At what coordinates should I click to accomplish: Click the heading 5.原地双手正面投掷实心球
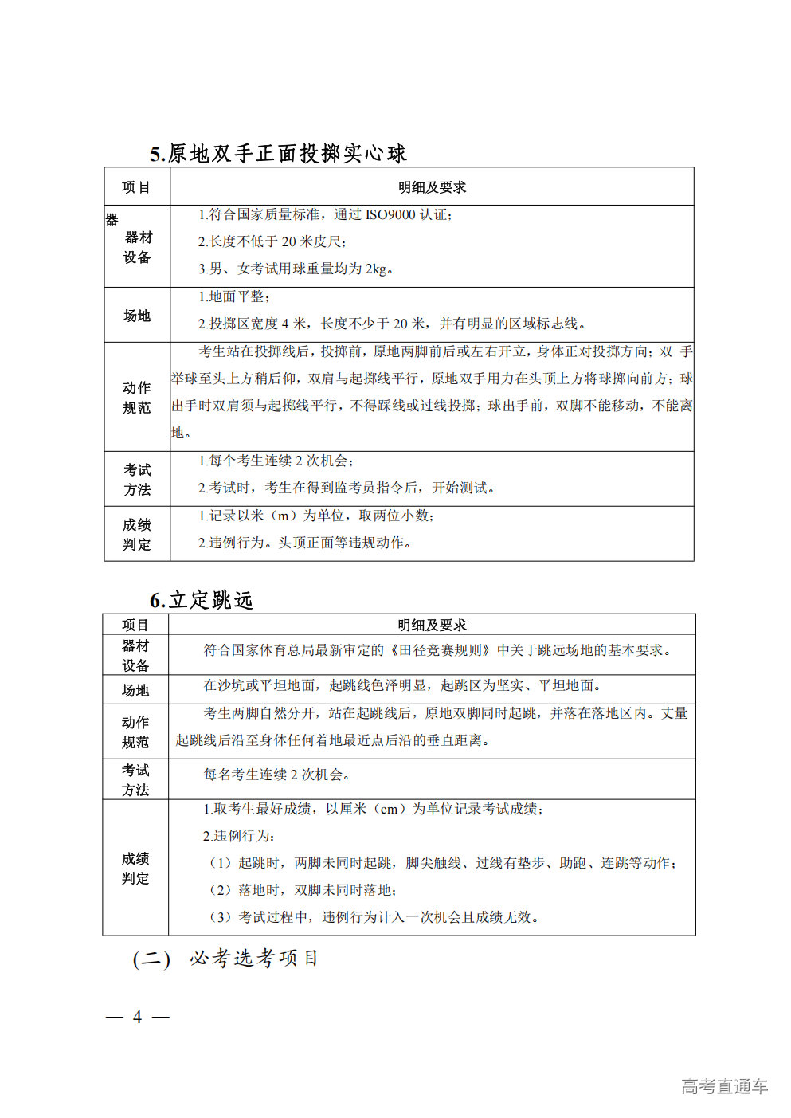[278, 153]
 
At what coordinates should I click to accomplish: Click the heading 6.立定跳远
[202, 600]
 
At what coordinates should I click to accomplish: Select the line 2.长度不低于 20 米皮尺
[272, 241]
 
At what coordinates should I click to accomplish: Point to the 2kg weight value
[375, 269]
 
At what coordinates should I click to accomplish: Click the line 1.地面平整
[234, 296]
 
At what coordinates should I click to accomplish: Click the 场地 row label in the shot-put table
[137, 316]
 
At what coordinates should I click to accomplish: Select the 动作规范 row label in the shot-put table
[137, 398]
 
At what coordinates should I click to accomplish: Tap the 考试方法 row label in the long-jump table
[135, 780]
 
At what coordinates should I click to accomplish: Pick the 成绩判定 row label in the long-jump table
[135, 869]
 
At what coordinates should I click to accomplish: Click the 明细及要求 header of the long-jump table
[432, 626]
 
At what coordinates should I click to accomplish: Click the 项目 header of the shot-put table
[136, 187]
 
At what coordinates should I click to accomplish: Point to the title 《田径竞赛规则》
[440, 650]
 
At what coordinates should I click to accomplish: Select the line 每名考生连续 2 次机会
[276, 775]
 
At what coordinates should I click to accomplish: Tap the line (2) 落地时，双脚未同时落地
[303, 890]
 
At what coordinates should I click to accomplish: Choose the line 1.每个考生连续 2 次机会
[276, 461]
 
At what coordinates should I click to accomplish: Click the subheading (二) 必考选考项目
[225, 959]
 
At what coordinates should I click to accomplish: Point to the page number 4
[137, 1017]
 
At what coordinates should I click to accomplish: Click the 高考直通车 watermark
[724, 1086]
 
